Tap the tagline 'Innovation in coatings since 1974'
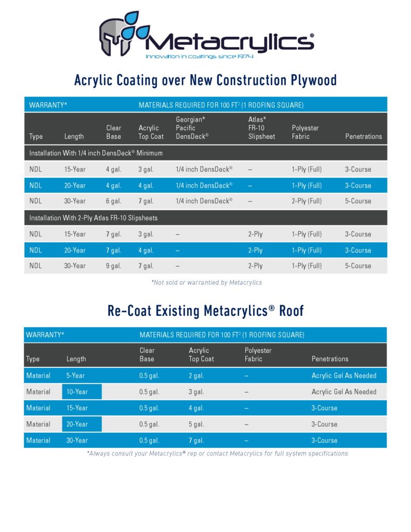pos(199,56)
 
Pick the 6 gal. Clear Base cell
pos(113,201)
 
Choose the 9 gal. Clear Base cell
pos(113,266)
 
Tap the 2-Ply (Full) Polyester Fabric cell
pos(307,201)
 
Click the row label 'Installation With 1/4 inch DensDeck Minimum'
pos(96,153)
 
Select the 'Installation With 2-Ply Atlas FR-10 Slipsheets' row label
pos(93,218)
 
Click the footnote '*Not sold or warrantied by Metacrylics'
pos(206,283)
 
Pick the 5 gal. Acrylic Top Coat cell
pos(196,424)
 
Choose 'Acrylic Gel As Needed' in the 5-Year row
pos(343,376)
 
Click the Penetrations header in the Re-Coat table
pos(330,359)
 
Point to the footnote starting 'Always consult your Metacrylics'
pos(218,454)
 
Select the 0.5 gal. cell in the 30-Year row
pos(149,441)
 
